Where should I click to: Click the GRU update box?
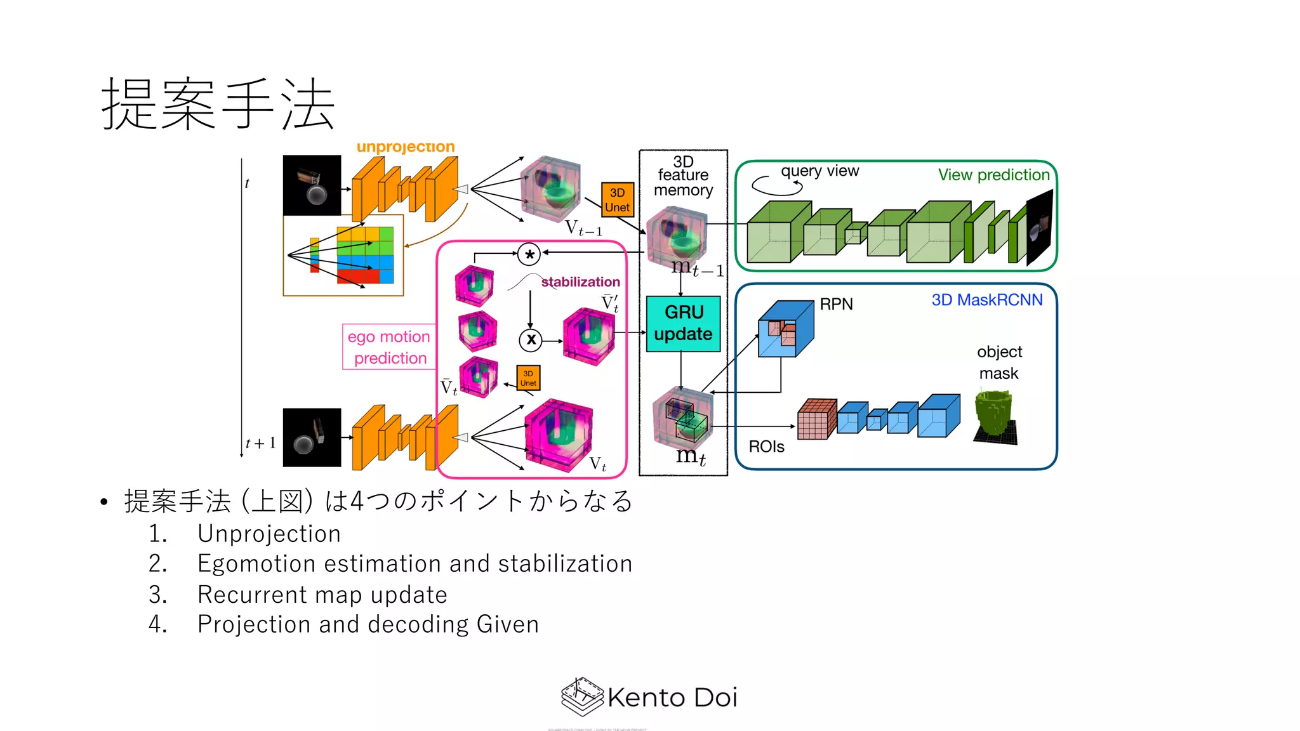pyautogui.click(x=683, y=324)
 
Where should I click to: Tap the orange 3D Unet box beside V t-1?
pyautogui.click(x=617, y=200)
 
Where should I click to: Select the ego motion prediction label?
pyautogui.click(x=388, y=347)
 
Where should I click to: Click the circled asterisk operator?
pyautogui.click(x=529, y=254)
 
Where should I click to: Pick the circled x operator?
pyautogui.click(x=531, y=340)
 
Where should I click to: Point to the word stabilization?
pyautogui.click(x=580, y=282)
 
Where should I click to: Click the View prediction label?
pyautogui.click(x=993, y=175)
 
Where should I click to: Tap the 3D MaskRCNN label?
pyautogui.click(x=986, y=300)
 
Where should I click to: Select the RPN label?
pyautogui.click(x=836, y=305)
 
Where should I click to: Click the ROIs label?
pyautogui.click(x=766, y=447)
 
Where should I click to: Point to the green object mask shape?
pyautogui.click(x=995, y=416)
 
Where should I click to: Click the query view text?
pyautogui.click(x=819, y=171)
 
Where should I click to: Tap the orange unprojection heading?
pyautogui.click(x=406, y=147)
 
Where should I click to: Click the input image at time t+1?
pyautogui.click(x=312, y=438)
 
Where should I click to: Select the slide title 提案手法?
pyautogui.click(x=218, y=104)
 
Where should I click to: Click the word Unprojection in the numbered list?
pyautogui.click(x=269, y=534)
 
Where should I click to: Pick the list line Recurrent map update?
pyautogui.click(x=322, y=595)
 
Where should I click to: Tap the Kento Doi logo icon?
pyautogui.click(x=581, y=696)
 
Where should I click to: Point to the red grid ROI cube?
pyautogui.click(x=816, y=419)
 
